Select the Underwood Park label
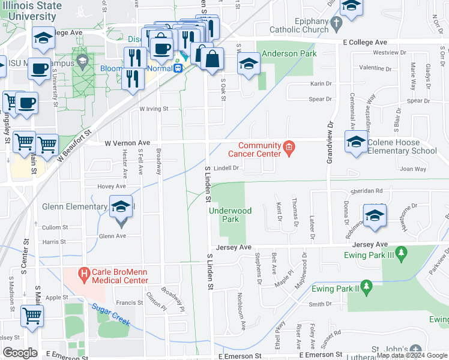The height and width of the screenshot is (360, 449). click(229, 215)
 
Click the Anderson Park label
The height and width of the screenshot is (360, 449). click(286, 53)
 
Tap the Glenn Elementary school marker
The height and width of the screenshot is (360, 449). click(121, 208)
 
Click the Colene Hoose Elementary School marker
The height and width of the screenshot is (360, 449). click(356, 142)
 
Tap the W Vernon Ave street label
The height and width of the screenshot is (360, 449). click(127, 143)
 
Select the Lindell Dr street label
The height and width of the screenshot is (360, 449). click(227, 168)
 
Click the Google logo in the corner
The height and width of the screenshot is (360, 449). click(20, 353)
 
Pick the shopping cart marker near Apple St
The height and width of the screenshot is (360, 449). click(32, 316)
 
